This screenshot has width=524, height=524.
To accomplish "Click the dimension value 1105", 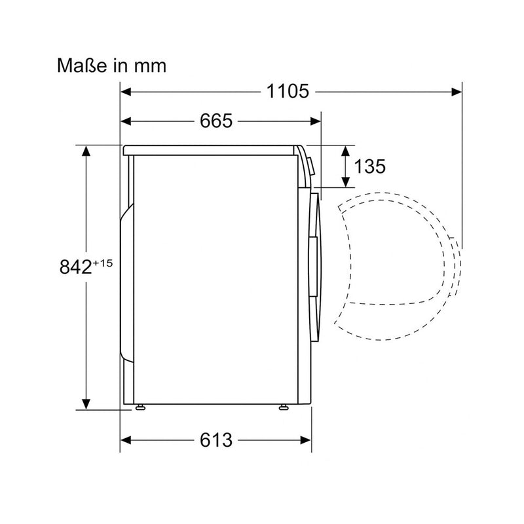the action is click(x=288, y=91).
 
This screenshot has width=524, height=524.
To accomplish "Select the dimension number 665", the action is click(x=216, y=121).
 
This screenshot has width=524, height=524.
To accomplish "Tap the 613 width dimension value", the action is click(x=216, y=440).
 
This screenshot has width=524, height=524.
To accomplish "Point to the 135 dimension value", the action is click(x=369, y=166).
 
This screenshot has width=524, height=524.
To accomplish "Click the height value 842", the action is click(x=75, y=267).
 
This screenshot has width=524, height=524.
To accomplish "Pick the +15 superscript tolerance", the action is click(x=103, y=263).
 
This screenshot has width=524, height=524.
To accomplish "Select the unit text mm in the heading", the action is click(x=150, y=67).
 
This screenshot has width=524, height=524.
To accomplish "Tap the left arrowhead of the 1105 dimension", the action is click(x=126, y=92).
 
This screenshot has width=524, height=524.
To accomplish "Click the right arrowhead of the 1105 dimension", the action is click(x=457, y=92).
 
